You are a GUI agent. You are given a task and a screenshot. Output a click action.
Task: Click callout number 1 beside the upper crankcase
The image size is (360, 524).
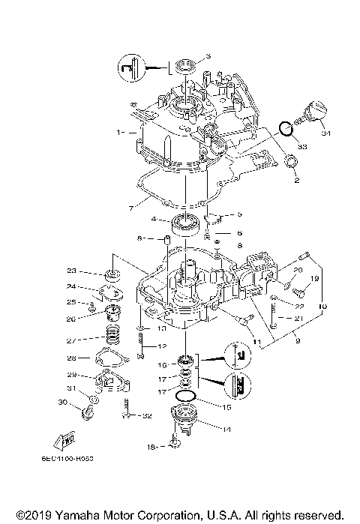tap(118, 131)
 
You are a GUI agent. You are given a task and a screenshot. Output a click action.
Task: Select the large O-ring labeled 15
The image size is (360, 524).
tap(185, 395)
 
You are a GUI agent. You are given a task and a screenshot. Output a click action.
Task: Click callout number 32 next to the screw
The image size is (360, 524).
tap(148, 416)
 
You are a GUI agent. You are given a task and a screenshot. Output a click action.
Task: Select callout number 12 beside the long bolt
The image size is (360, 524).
tap(161, 346)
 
